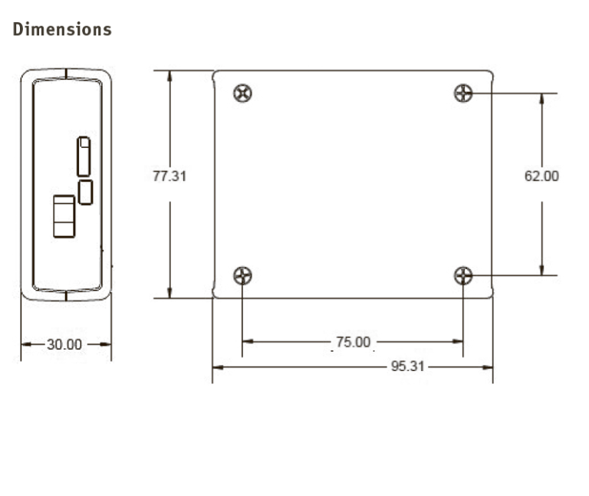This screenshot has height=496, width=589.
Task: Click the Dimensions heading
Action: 62,30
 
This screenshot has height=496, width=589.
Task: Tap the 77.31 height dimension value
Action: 169,176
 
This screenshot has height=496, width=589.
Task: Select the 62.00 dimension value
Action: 541,176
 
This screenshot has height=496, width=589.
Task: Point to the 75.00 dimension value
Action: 352,342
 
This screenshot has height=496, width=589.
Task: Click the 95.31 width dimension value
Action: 407,366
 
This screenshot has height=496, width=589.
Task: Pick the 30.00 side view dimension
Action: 64,344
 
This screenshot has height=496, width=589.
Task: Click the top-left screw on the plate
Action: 242,94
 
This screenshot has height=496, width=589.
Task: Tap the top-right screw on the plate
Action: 463,94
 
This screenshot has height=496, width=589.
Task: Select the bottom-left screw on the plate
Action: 242,275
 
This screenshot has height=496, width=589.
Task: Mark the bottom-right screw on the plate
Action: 463,275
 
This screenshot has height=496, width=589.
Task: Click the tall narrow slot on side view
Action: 84,156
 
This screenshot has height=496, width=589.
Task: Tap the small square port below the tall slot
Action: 86,192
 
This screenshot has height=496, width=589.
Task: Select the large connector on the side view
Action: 64,216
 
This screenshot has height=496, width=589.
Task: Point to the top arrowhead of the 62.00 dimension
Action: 542,98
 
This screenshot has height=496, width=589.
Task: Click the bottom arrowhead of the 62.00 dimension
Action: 542,271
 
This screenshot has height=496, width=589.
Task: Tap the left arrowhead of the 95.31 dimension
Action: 216,367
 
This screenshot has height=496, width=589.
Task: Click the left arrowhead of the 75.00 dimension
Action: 246,342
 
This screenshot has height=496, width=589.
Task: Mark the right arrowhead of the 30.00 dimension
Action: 107,344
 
